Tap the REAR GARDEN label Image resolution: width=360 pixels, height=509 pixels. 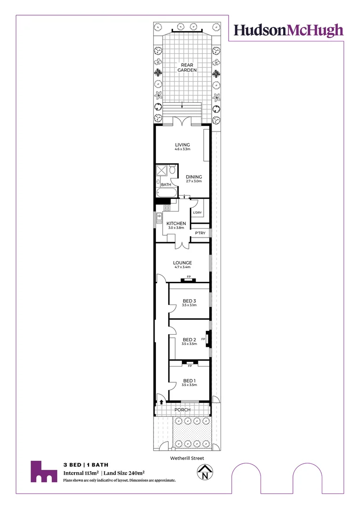187,67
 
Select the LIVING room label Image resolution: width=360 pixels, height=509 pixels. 182,145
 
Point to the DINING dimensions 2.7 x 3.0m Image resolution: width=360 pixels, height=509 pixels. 194,181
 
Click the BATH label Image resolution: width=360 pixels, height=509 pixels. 166,185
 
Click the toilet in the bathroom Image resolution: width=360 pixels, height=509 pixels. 172,170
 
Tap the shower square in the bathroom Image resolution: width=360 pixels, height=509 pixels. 162,171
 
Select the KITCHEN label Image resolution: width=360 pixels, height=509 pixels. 176,223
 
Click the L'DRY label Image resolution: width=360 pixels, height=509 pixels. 197,213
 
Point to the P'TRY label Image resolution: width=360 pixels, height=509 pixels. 200,233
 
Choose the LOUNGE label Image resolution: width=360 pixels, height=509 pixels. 182,263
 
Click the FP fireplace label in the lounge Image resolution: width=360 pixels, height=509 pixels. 188,277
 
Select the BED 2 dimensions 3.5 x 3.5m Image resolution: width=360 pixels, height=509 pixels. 189,344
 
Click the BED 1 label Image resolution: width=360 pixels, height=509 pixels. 189,380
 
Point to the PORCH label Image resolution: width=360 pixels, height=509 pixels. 182,410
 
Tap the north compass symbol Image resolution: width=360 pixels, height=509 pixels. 205,473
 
